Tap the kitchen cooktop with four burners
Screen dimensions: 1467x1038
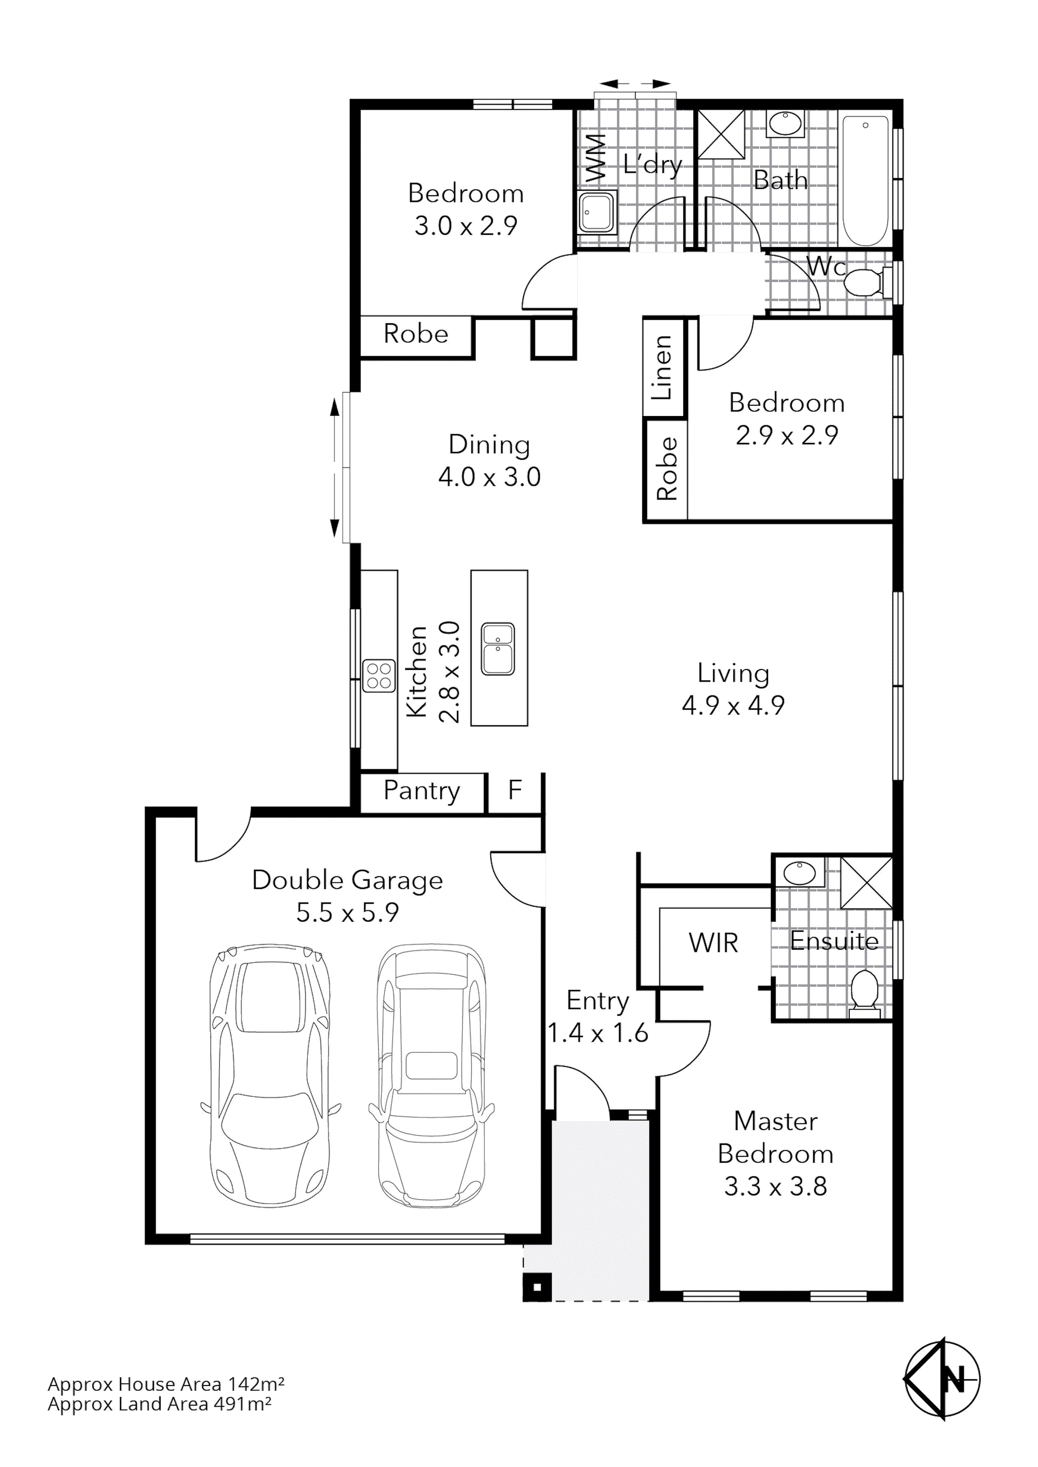point(379,676)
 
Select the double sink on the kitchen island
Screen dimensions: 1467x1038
point(498,649)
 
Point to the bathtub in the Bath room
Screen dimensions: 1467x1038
point(865,180)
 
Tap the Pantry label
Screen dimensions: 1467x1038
point(421,791)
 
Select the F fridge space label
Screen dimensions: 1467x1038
point(515,791)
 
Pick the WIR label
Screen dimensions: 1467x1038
point(713,943)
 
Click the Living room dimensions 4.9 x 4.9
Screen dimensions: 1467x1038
point(733,706)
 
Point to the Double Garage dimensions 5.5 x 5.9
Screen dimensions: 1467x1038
point(347,913)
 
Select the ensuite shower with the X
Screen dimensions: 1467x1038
point(866,882)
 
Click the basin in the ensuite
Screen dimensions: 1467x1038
point(799,873)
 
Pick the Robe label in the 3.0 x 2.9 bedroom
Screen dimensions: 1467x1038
point(416,334)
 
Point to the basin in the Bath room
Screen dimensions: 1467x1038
point(785,124)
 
